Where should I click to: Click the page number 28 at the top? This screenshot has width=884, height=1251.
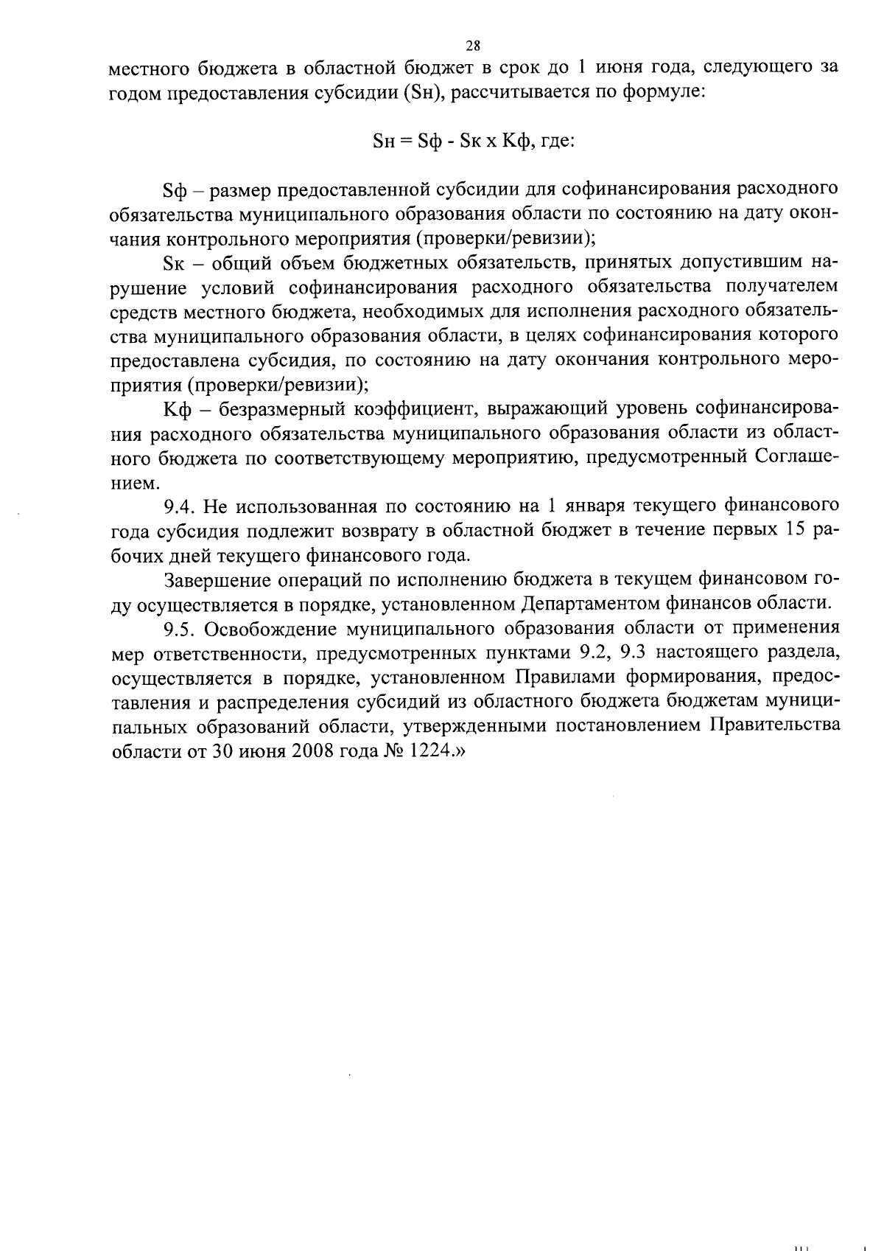coord(472,46)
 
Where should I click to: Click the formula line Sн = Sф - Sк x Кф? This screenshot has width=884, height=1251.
coord(474,142)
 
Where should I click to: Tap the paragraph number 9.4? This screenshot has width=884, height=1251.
coord(179,506)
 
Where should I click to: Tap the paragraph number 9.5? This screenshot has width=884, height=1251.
coord(179,628)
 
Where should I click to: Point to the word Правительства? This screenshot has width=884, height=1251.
coord(774,725)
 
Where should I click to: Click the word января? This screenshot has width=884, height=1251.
coord(597,506)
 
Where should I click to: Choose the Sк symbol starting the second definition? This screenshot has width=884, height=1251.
coord(172,263)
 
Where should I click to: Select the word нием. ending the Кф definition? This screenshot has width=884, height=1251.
coord(133,483)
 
